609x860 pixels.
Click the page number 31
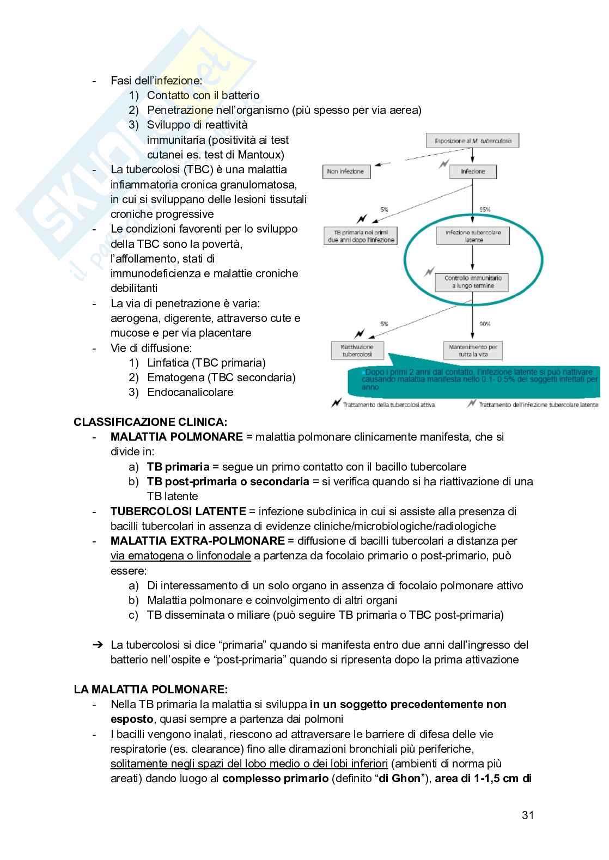(527, 815)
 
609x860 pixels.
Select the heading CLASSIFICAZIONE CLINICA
(150, 422)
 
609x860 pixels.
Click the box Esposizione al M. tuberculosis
(472, 141)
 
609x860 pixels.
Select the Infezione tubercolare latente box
(473, 236)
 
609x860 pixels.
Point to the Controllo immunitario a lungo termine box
(473, 282)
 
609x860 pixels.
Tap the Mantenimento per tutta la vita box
(473, 350)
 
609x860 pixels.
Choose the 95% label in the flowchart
(484, 209)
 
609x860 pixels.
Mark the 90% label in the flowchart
(484, 324)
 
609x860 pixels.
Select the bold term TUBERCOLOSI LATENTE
(178, 511)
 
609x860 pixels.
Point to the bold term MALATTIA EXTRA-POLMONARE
(197, 541)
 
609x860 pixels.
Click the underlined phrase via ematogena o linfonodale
(181, 556)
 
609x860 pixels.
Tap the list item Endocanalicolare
(190, 392)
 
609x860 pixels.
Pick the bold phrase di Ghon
(399, 778)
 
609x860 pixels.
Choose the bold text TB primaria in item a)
(178, 467)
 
